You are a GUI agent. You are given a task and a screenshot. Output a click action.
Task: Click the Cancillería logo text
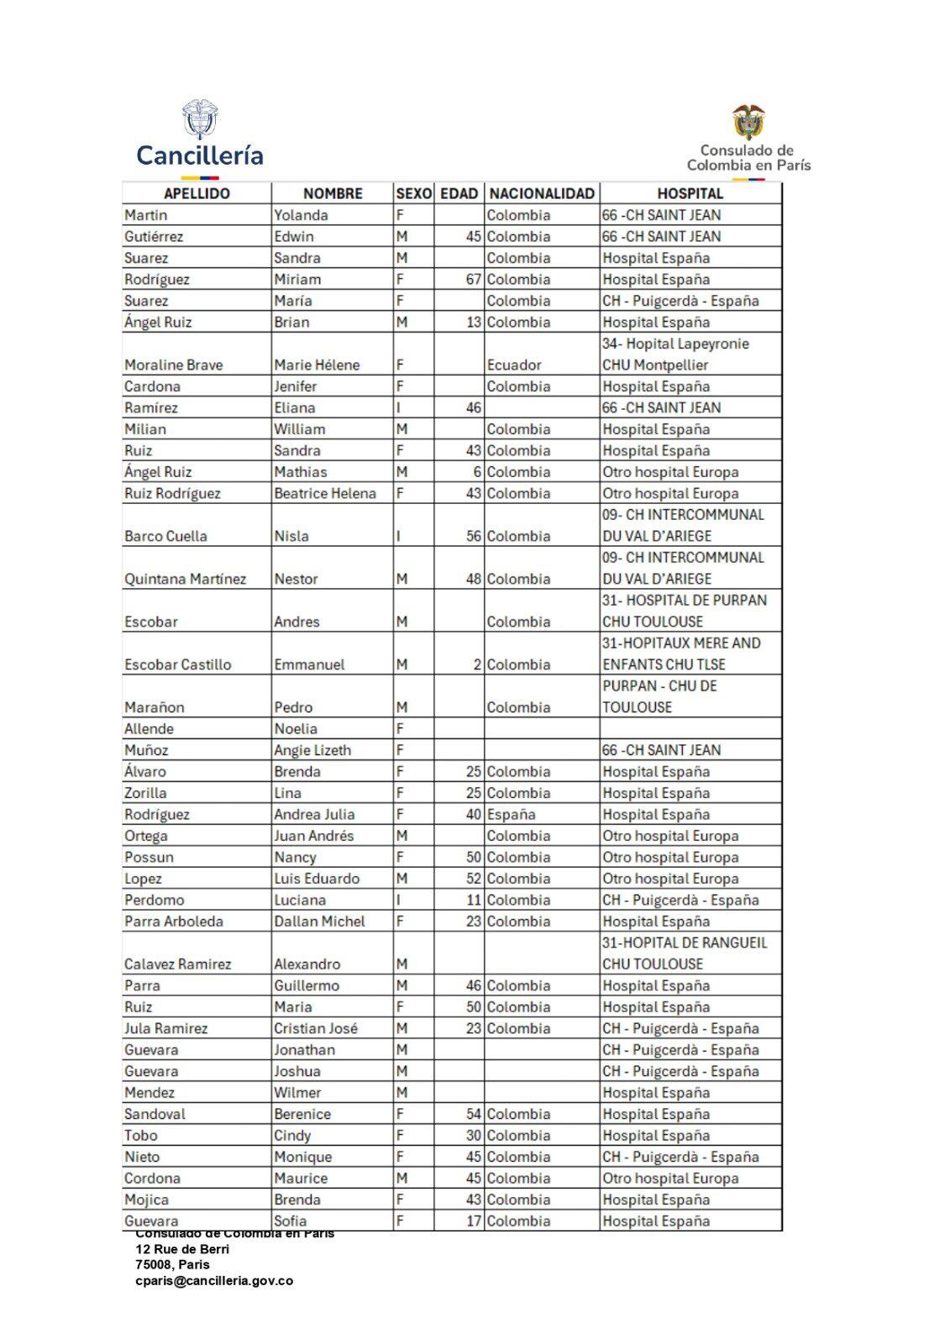(x=200, y=155)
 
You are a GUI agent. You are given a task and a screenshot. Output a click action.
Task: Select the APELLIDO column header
(x=197, y=193)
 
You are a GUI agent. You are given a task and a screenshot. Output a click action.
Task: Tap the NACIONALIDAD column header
(x=542, y=193)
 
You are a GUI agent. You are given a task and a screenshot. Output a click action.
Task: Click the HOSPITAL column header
(x=690, y=193)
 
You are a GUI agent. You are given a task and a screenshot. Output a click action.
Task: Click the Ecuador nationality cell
(x=514, y=365)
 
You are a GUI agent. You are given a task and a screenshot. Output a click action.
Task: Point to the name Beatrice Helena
(x=325, y=493)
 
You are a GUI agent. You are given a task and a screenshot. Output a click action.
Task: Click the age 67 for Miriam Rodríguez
(x=474, y=279)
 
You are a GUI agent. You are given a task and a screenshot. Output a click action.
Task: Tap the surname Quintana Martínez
(x=186, y=579)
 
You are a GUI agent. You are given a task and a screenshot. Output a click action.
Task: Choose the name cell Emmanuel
(x=309, y=664)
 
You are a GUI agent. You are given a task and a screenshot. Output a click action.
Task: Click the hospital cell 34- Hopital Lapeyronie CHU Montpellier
(x=675, y=354)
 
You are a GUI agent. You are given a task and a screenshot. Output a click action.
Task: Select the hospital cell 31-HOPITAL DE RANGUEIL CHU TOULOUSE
(x=685, y=953)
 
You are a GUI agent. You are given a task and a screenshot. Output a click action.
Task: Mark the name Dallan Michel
(x=319, y=921)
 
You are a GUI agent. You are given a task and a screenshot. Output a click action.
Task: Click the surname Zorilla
(x=145, y=793)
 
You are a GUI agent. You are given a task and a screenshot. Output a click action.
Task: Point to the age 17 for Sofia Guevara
(x=474, y=1221)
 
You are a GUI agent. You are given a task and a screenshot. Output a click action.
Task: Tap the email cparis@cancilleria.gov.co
(x=214, y=1281)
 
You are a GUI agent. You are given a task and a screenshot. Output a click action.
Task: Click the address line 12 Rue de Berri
(x=182, y=1249)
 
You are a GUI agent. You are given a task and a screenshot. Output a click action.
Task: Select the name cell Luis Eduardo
(x=317, y=879)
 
